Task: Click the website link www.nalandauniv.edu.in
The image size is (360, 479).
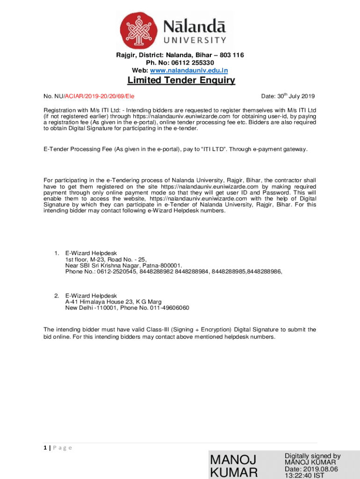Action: click(x=200, y=70)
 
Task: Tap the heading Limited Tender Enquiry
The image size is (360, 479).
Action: click(x=181, y=81)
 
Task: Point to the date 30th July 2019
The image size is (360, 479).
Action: click(x=288, y=96)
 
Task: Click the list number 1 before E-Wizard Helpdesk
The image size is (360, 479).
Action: click(x=56, y=254)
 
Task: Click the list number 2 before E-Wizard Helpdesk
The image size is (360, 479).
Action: click(x=56, y=296)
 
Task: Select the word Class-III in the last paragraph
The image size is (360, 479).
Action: click(x=156, y=330)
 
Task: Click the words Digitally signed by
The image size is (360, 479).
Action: click(x=312, y=456)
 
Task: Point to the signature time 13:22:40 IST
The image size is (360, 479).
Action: click(x=304, y=476)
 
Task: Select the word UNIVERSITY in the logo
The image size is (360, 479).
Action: click(x=194, y=40)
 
